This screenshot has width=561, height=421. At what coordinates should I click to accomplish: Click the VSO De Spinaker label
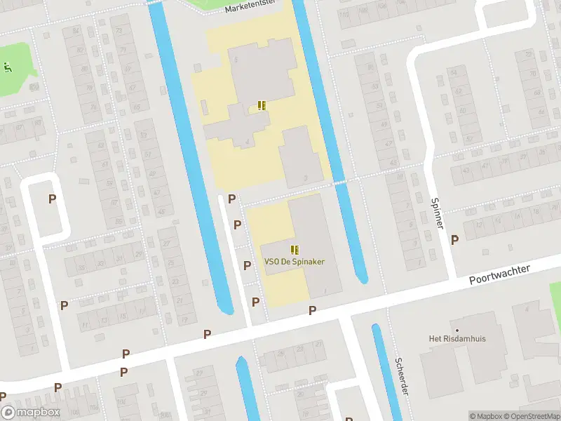pos(295,262)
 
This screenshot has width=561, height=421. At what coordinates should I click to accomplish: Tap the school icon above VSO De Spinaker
pos(295,249)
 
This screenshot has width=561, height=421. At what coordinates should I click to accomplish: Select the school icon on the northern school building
pos(262,106)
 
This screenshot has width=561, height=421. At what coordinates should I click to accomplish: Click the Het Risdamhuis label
pos(457,339)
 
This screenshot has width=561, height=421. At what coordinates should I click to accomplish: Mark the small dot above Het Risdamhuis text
pos(457,330)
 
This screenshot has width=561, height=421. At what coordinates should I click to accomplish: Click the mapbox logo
pos(31,413)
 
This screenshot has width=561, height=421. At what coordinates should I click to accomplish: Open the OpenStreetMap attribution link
pos(531,416)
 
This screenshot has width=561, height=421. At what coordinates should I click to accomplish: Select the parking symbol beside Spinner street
pos(454,240)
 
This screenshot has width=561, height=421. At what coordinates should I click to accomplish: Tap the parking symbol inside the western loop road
pos(52,199)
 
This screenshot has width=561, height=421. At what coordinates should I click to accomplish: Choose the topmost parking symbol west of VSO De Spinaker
pos(231,200)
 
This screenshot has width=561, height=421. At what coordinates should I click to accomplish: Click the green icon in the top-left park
pos(8,68)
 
